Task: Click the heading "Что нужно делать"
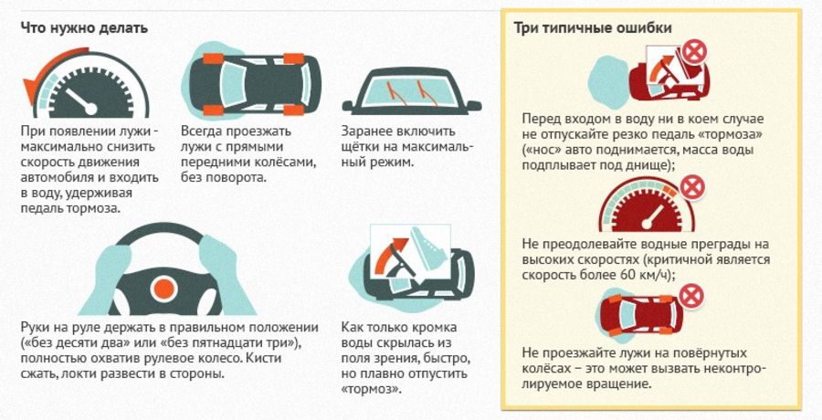click(x=84, y=27)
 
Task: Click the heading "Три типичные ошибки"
click(x=593, y=27)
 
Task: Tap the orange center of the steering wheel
click(x=164, y=289)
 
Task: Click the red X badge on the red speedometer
click(x=692, y=188)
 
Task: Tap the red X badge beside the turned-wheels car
click(x=691, y=296)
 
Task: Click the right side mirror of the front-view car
click(x=473, y=105)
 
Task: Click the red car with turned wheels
click(x=640, y=315)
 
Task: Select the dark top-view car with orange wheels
click(x=255, y=84)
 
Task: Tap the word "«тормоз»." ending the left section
click(x=371, y=390)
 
